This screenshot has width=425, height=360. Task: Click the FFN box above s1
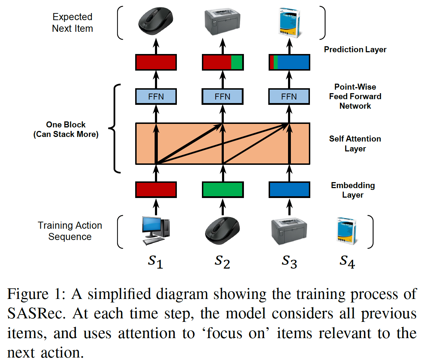click(x=156, y=97)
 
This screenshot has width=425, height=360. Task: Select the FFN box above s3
click(x=289, y=97)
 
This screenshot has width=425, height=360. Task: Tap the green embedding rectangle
click(x=222, y=190)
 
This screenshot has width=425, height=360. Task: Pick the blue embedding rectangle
click(x=289, y=190)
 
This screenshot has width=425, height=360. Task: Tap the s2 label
click(x=222, y=262)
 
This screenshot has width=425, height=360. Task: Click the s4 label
click(x=347, y=262)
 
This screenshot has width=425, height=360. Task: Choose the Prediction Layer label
click(x=355, y=50)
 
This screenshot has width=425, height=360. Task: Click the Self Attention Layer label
click(x=355, y=144)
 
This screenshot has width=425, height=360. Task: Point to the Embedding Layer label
click(x=353, y=190)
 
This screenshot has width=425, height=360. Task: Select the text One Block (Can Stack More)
click(x=66, y=130)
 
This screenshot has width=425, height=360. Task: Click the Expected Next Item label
click(x=72, y=23)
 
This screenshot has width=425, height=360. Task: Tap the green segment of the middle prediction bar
click(x=237, y=62)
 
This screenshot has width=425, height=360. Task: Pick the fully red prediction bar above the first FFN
click(x=156, y=62)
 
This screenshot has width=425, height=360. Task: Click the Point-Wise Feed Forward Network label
click(x=355, y=96)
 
